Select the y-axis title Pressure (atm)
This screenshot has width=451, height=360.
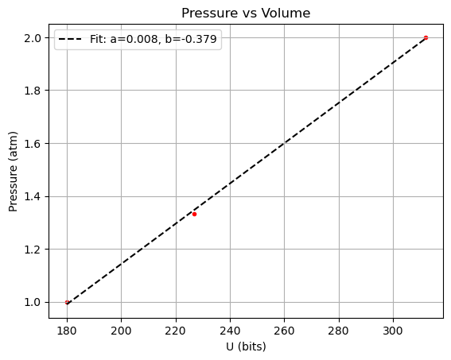14,169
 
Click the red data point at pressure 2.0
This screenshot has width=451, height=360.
426,37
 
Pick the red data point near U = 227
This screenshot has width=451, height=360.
194,214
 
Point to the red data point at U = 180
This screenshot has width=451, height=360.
67,302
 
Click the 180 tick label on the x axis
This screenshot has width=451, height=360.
67,329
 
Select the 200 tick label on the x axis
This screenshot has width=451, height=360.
121,329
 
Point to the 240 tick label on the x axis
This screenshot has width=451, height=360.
230,329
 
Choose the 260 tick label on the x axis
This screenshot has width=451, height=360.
284,329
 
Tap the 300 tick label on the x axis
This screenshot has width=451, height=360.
393,329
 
